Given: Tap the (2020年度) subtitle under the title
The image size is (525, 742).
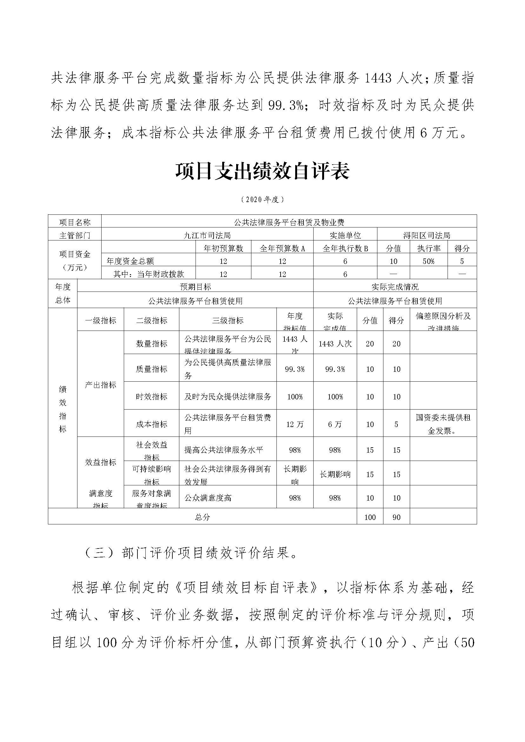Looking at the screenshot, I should pyautogui.click(x=262, y=200).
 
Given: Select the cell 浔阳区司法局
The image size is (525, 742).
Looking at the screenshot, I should pyautogui.click(x=427, y=235).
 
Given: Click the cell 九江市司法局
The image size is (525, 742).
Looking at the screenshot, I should pyautogui.click(x=207, y=235).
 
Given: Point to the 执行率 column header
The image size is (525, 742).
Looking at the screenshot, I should pyautogui.click(x=429, y=248).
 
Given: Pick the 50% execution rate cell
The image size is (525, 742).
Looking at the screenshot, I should pyautogui.click(x=429, y=261).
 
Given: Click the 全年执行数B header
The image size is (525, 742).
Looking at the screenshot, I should pyautogui.click(x=345, y=248).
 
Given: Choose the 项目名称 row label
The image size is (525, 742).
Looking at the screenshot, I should pyautogui.click(x=75, y=222).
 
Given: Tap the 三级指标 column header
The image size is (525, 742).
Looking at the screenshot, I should pyautogui.click(x=228, y=320).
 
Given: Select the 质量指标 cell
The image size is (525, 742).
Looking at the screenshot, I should pyautogui.click(x=152, y=369).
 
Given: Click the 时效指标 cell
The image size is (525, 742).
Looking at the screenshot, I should pyautogui.click(x=152, y=397).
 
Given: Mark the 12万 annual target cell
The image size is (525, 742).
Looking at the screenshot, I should pyautogui.click(x=295, y=424).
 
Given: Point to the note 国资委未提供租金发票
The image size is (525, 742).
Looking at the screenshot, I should pyautogui.click(x=443, y=424).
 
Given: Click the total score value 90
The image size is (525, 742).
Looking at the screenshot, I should pyautogui.click(x=396, y=517).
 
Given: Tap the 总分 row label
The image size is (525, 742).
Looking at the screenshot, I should pyautogui.click(x=203, y=517).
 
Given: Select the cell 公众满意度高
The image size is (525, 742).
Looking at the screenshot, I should pyautogui.click(x=208, y=498).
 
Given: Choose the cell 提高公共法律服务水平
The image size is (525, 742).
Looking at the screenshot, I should pyautogui.click(x=224, y=450).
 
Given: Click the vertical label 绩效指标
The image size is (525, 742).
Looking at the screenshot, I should pyautogui.click(x=63, y=409).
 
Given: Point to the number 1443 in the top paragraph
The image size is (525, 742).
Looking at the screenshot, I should pyautogui.click(x=378, y=78).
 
